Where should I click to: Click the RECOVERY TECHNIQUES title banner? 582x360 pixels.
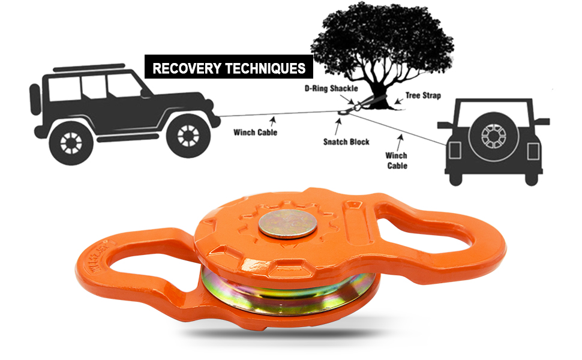(x=229, y=67)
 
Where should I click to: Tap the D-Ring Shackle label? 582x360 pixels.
(x=331, y=88)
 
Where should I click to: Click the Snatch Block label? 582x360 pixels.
(x=346, y=142)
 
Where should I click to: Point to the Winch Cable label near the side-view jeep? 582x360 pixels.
(x=256, y=132)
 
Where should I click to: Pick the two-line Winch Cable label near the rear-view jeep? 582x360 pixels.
(x=397, y=160)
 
